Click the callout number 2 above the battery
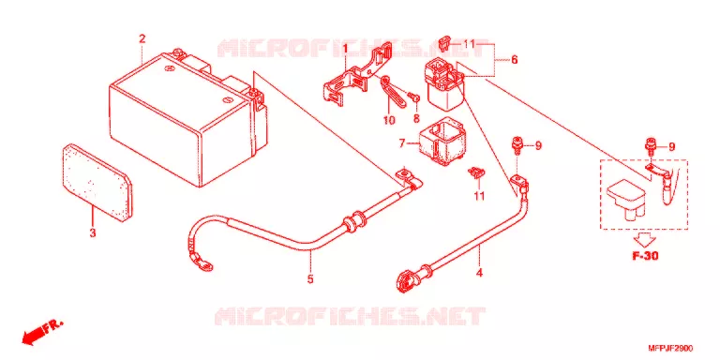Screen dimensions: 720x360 pyautogui.click(x=142, y=39)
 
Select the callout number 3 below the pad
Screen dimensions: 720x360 pyautogui.click(x=93, y=232)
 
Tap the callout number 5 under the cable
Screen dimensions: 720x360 pyautogui.click(x=310, y=278)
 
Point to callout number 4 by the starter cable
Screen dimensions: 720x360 pyautogui.click(x=479, y=273)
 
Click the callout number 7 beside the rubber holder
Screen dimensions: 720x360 pyautogui.click(x=402, y=144)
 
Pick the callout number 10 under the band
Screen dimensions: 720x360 pyautogui.click(x=389, y=120)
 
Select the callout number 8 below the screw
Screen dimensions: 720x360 pyautogui.click(x=416, y=118)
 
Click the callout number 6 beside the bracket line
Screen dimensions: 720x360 pyautogui.click(x=515, y=60)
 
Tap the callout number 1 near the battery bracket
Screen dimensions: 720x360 pyautogui.click(x=345, y=47)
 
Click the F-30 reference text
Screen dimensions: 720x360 pyautogui.click(x=645, y=256)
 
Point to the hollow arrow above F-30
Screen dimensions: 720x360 pyautogui.click(x=645, y=239)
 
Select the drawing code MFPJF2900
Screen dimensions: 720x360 pyautogui.click(x=671, y=349)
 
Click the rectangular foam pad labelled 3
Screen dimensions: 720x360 pyautogui.click(x=97, y=182)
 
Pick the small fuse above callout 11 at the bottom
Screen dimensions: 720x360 pyautogui.click(x=476, y=173)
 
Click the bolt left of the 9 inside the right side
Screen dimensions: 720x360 pyautogui.click(x=650, y=146)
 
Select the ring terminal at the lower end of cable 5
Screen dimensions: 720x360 pyautogui.click(x=202, y=262)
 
